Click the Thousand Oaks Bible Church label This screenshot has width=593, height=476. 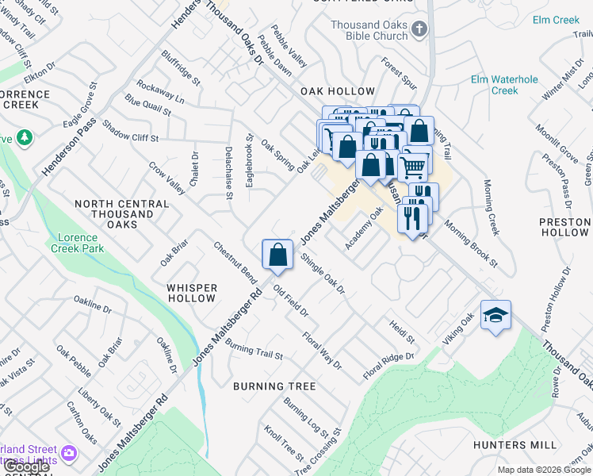point(369,31)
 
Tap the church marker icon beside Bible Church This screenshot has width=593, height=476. point(419,30)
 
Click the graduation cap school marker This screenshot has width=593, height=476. point(495,316)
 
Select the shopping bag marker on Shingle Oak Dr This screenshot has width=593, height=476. point(277,255)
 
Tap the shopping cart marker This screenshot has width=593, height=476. point(413,167)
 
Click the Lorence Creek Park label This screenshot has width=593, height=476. point(80,243)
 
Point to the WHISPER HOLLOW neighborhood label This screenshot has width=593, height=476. point(191,293)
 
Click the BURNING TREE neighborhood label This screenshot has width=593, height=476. point(274,386)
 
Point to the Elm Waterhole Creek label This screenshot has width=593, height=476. point(504,85)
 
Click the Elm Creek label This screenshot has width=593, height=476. point(557,20)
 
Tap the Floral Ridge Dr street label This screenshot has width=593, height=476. point(388,366)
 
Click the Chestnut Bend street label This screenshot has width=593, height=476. point(235,263)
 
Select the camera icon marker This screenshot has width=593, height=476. point(69,453)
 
